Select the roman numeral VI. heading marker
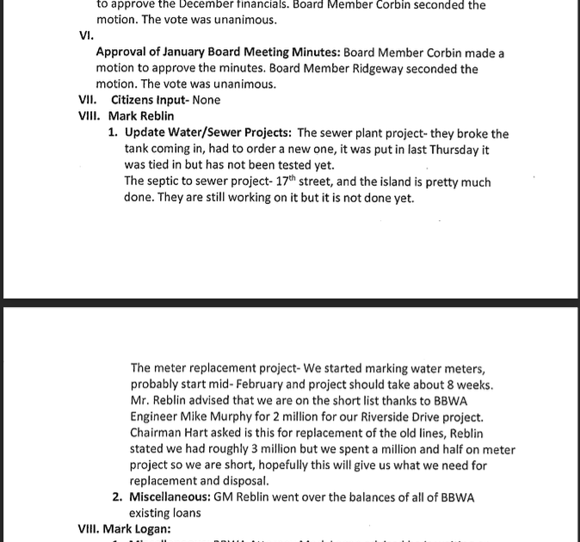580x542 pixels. pyautogui.click(x=86, y=35)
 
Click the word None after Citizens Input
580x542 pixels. pyautogui.click(x=207, y=100)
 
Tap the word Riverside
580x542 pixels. pyautogui.click(x=401, y=417)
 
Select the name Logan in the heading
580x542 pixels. pyautogui.click(x=153, y=529)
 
